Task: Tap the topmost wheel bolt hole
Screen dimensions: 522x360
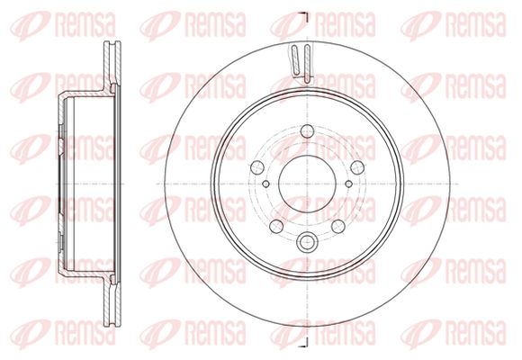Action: [x=307, y=131]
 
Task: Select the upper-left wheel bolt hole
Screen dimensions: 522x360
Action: [x=257, y=167]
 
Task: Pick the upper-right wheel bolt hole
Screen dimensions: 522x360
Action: [x=357, y=167]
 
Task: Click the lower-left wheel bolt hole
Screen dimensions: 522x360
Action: [x=276, y=226]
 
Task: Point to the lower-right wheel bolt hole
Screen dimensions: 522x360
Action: [x=338, y=226]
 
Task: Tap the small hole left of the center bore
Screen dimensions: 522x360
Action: [x=265, y=184]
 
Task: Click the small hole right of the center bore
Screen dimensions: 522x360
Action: [x=348, y=184]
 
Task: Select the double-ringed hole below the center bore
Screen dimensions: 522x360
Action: [x=306, y=242]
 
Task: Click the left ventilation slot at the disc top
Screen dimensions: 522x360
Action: [x=295, y=60]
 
